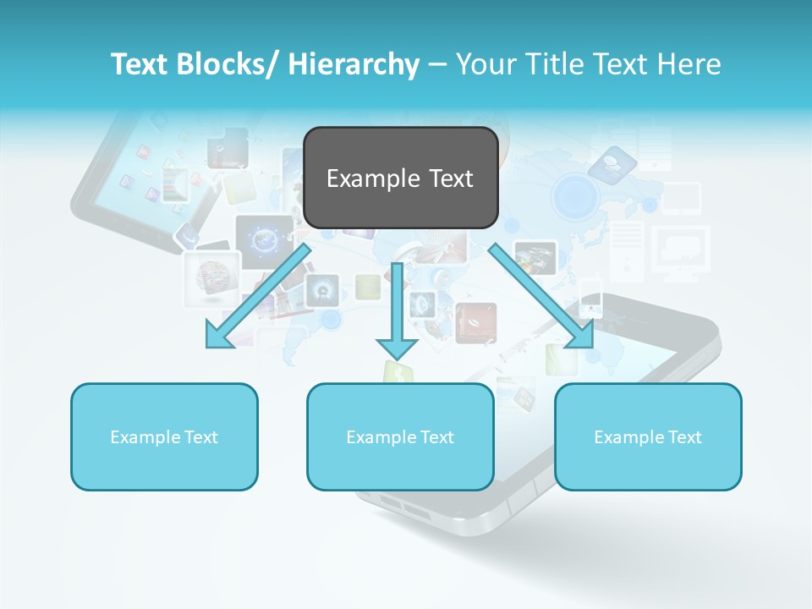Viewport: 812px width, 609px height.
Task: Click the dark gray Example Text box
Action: coord(400,178)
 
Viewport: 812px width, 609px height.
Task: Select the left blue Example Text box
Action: coord(164,436)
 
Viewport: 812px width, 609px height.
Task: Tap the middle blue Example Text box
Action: coord(400,436)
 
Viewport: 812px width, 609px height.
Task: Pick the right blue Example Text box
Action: coord(648,436)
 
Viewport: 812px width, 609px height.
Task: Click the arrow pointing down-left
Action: coord(258,296)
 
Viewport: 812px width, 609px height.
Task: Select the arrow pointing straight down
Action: coord(397,309)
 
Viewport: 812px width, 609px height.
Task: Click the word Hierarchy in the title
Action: coord(354,64)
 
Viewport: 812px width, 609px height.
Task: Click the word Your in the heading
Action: coord(485,64)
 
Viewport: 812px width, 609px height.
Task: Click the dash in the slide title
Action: coord(437,65)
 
